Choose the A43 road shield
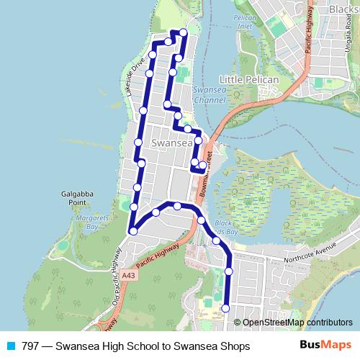click(x=129, y=275)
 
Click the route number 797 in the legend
click(x=30, y=346)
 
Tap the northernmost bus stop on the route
click(x=183, y=32)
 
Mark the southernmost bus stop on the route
click(x=225, y=307)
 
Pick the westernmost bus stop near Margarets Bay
click(x=133, y=231)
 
